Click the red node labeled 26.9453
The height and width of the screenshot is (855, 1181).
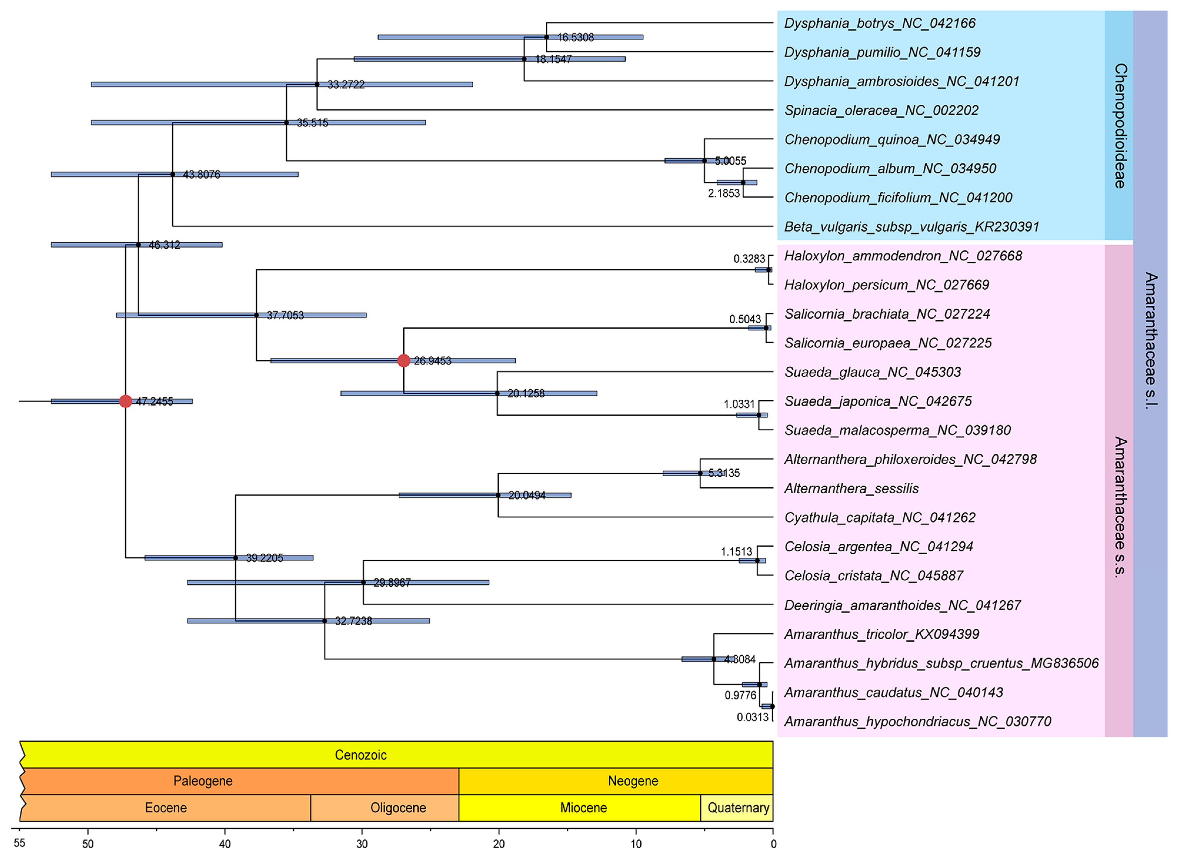404,360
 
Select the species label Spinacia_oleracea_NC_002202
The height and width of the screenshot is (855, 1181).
881,111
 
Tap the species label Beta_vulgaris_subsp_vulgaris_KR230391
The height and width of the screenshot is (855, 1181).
911,227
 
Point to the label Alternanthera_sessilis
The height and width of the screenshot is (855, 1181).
851,488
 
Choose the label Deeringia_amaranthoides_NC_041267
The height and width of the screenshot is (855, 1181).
902,605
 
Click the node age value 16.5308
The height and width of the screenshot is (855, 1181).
575,38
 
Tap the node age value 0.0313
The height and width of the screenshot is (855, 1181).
752,717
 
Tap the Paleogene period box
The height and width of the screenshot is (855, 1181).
203,781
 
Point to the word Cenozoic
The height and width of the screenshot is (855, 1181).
360,755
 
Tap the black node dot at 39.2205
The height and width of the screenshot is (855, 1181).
235,558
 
